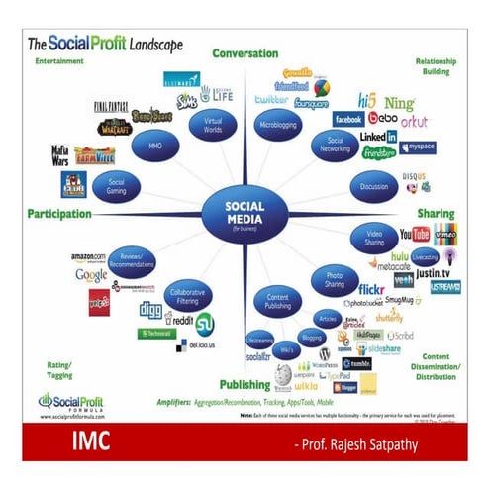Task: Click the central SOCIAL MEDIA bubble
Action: click(x=244, y=210)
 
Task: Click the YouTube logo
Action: click(x=414, y=235)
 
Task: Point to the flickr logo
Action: click(x=372, y=289)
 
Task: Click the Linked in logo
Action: click(x=378, y=137)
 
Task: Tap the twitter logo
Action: click(x=270, y=101)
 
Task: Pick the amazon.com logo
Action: click(x=88, y=258)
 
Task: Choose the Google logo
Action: click(x=90, y=275)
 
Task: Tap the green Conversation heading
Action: click(x=245, y=53)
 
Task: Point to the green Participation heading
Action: click(x=59, y=213)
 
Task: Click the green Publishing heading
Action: click(x=245, y=384)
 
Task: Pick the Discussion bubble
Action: click(x=374, y=185)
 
